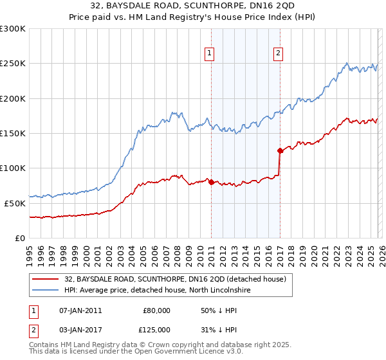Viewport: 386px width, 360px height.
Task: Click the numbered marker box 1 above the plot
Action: [210, 54]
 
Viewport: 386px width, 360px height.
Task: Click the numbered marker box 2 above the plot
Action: [279, 54]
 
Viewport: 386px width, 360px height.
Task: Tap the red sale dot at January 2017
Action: [280, 151]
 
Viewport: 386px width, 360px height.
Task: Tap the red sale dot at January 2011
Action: [212, 182]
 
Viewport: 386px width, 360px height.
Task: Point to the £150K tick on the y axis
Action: [13, 134]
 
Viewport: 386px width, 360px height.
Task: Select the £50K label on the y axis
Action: [15, 203]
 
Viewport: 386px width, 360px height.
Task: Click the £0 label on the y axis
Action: [20, 238]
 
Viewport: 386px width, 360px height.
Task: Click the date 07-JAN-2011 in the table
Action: [80, 310]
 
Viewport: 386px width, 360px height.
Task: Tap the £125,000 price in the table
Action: [156, 330]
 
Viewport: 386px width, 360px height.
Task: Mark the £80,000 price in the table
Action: [156, 310]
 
